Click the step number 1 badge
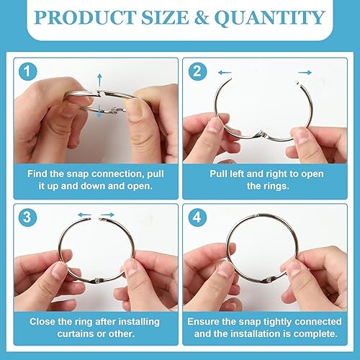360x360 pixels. [28, 71]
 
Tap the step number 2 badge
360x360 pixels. [197, 71]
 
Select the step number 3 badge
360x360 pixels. [28, 217]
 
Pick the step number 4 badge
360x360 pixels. [197, 217]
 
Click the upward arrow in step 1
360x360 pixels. [100, 81]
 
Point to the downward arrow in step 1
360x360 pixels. [99, 112]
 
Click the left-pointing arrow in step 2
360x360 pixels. [225, 72]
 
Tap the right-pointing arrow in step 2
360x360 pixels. [305, 72]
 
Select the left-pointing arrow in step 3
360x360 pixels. [85, 215]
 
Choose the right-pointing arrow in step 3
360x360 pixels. [107, 215]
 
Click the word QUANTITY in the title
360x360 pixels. [270, 18]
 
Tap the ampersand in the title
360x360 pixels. [201, 18]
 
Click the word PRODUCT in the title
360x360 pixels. [86, 17]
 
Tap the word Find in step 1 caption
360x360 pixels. [37, 174]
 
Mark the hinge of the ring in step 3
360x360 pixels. [98, 280]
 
